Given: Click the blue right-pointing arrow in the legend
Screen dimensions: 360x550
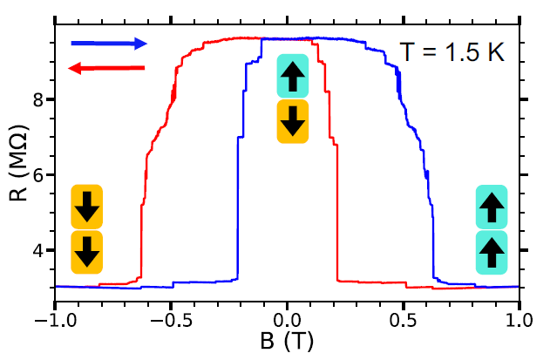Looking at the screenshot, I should pos(109,43).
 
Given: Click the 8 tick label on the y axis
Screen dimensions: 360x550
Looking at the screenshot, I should pos(37,99).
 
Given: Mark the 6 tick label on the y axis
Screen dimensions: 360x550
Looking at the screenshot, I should pos(37,175).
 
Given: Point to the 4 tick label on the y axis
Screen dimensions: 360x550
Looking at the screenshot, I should pos(37,251).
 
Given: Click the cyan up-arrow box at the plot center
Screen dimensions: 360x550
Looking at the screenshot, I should pos(292,77).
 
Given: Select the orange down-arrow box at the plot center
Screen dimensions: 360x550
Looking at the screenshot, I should pos(292,121).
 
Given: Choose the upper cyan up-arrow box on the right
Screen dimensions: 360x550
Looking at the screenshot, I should pos(492,207).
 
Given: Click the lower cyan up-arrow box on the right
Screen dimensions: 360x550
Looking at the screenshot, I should pos(492,253).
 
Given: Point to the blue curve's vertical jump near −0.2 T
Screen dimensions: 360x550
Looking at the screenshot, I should pos(237,209).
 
